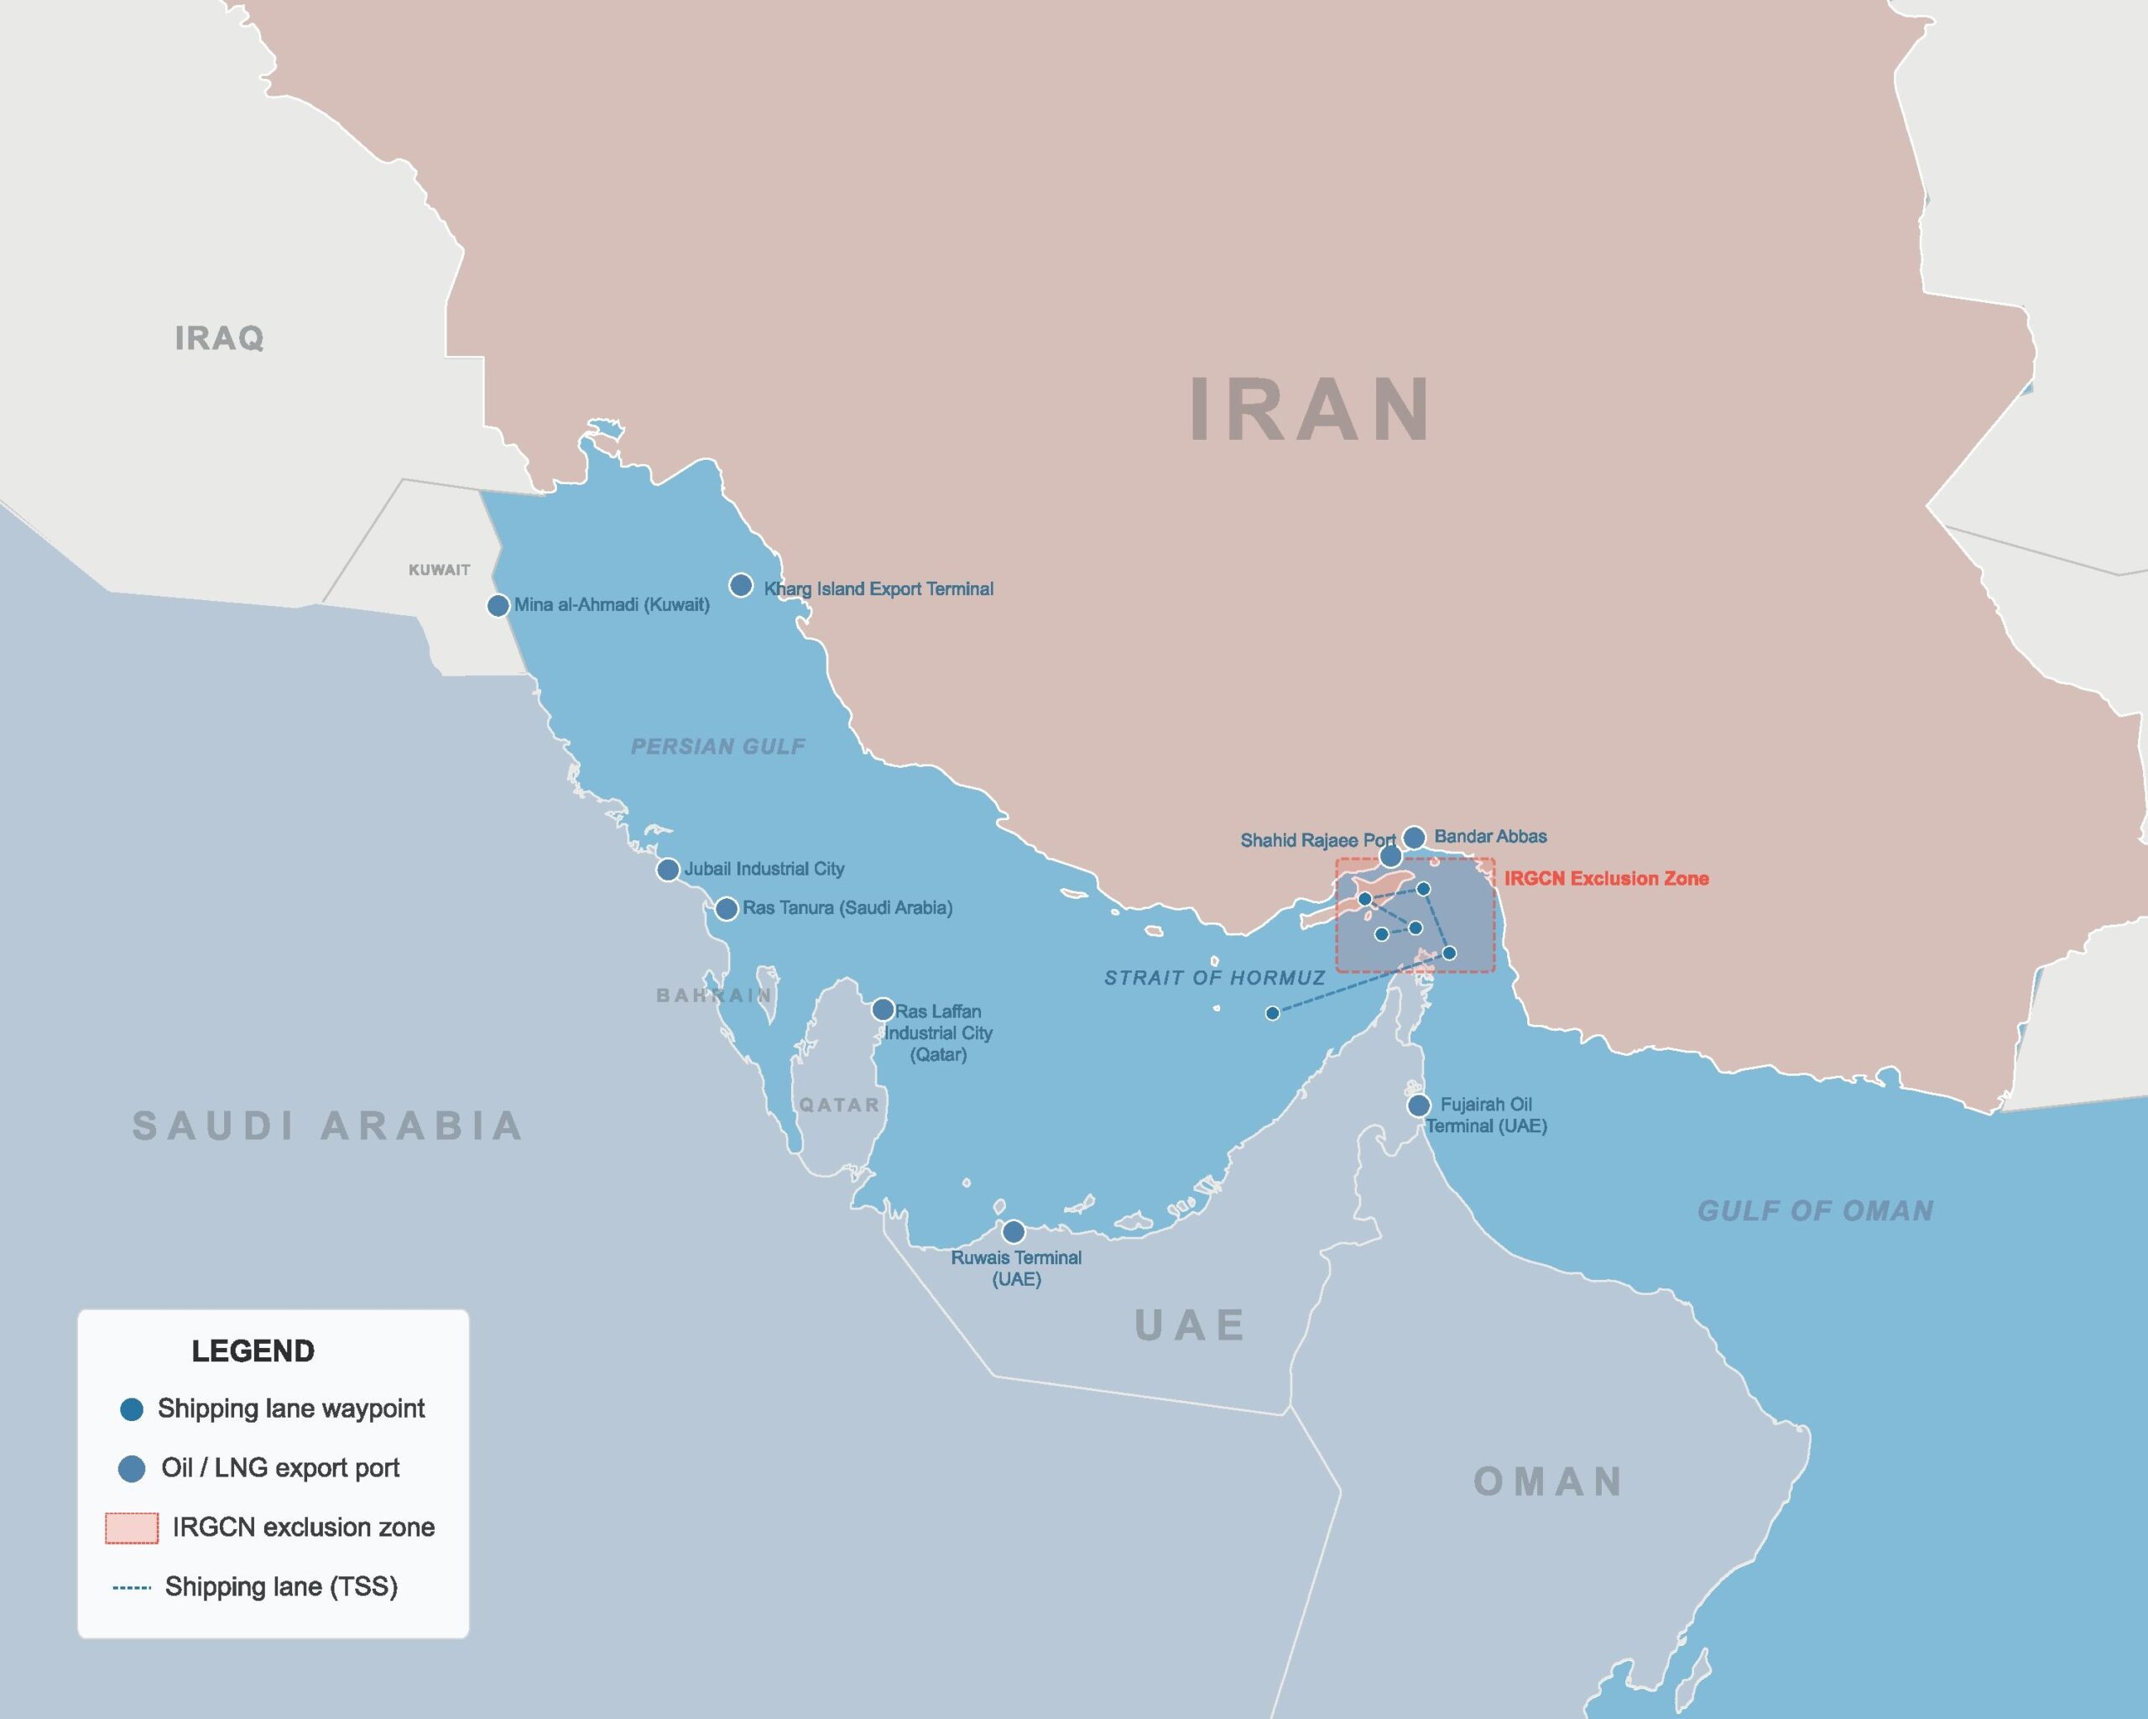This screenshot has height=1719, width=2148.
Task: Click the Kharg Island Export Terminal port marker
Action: click(x=740, y=585)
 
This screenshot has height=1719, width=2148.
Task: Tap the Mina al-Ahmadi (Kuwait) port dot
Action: click(x=498, y=606)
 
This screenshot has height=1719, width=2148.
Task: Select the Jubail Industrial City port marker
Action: click(x=668, y=870)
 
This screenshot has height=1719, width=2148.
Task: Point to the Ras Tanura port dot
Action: click(x=727, y=909)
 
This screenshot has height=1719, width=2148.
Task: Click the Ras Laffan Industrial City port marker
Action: click(x=883, y=1010)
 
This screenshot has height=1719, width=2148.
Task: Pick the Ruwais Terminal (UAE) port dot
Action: click(x=1014, y=1231)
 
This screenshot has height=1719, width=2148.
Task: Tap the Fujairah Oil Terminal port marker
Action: click(x=1419, y=1105)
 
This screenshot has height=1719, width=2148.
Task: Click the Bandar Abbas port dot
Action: click(x=1414, y=837)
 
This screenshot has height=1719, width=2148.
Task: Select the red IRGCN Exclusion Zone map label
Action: click(x=1606, y=879)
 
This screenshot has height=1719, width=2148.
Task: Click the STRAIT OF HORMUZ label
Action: click(x=1214, y=979)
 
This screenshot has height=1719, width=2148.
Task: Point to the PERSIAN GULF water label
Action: click(x=718, y=746)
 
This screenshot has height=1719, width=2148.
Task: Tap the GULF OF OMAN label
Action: click(x=1815, y=1211)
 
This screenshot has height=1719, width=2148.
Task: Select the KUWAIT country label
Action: click(x=440, y=570)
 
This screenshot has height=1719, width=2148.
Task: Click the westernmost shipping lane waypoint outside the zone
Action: click(x=1272, y=1013)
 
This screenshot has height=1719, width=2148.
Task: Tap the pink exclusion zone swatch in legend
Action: click(x=132, y=1528)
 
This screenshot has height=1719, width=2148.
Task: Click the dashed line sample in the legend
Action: click(x=132, y=1587)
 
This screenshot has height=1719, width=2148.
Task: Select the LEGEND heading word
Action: click(x=253, y=1351)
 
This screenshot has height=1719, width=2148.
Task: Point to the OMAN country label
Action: click(x=1547, y=1481)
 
